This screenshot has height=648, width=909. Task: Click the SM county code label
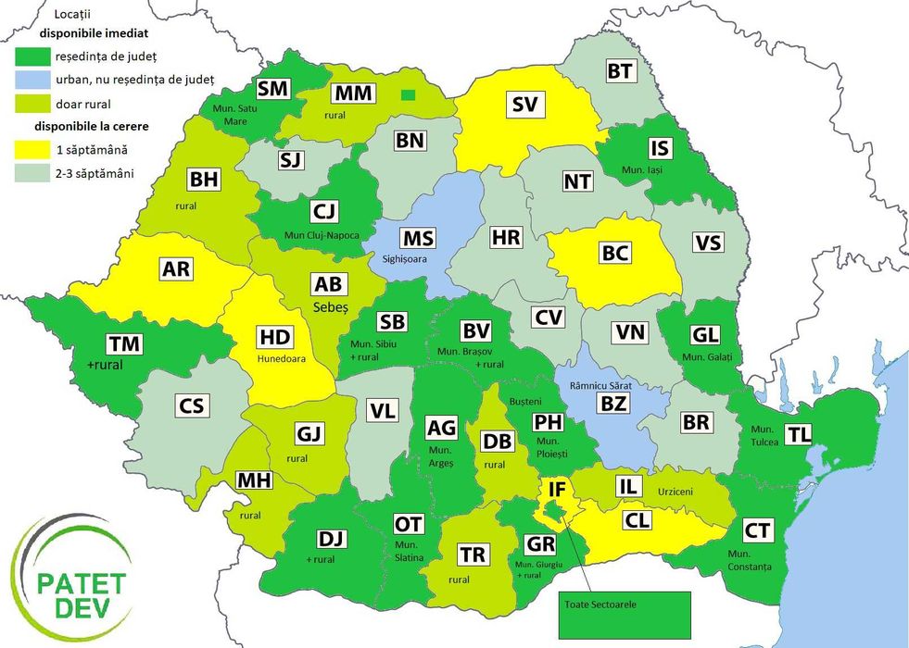tap(273, 88)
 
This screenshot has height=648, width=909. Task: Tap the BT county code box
tap(619, 71)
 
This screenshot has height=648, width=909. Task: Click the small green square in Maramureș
tap(408, 93)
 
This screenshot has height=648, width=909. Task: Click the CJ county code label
tap(323, 214)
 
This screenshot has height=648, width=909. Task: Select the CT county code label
tap(757, 530)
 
